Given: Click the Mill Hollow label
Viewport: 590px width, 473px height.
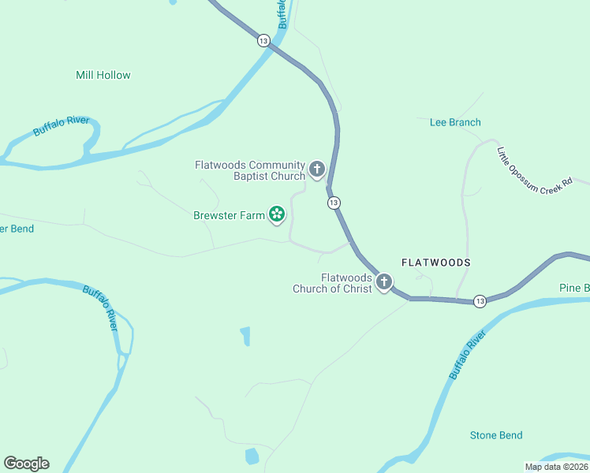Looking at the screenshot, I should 103,75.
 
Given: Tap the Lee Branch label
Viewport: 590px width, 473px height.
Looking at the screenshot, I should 455,122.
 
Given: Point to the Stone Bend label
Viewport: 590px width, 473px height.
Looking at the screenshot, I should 495,435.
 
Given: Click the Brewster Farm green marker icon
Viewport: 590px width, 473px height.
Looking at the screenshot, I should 277,214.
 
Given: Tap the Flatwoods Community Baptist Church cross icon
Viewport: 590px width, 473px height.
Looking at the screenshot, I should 317,169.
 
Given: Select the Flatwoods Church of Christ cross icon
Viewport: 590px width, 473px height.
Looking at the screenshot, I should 384,281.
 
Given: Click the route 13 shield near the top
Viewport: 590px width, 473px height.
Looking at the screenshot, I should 263,40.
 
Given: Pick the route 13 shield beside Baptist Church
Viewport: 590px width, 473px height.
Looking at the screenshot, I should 334,203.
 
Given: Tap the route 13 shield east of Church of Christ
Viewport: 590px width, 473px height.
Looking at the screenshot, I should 480,301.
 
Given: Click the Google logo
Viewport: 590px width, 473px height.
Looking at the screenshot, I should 26,463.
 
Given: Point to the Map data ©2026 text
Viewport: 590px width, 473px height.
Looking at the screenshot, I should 556,467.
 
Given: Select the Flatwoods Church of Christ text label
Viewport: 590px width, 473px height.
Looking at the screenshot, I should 331,283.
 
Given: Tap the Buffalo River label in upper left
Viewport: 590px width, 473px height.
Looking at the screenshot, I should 61,125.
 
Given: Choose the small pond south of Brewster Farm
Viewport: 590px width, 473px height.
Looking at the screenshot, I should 245,337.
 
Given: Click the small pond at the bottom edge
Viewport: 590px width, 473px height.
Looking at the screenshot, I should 252,456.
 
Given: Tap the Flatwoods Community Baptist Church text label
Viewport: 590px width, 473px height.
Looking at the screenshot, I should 250,170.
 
